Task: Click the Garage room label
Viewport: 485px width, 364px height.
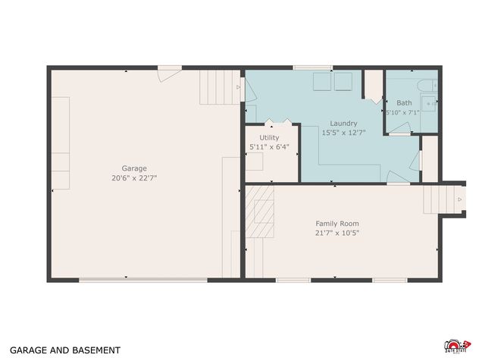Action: [x=134, y=168]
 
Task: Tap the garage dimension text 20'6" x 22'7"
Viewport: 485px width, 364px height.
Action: [x=134, y=177]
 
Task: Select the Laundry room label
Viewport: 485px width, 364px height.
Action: [x=343, y=123]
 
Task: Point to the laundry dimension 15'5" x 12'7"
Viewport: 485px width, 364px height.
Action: [x=343, y=132]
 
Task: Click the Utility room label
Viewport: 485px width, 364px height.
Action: [x=269, y=137]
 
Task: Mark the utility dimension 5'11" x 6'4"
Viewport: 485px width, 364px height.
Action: [x=269, y=146]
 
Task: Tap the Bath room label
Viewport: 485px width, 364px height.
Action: [x=404, y=102]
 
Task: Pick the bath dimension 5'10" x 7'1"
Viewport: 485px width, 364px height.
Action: [x=402, y=112]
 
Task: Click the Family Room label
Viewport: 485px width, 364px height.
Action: [x=337, y=224]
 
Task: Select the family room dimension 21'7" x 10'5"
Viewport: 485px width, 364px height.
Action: [x=337, y=233]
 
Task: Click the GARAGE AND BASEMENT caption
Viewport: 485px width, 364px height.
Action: [x=64, y=350]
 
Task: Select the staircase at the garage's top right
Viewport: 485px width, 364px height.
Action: [x=218, y=87]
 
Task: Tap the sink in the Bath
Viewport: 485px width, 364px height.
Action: [x=430, y=104]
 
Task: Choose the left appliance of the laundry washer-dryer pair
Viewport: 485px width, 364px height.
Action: [x=321, y=81]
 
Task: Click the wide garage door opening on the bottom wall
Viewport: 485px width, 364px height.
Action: [x=143, y=281]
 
